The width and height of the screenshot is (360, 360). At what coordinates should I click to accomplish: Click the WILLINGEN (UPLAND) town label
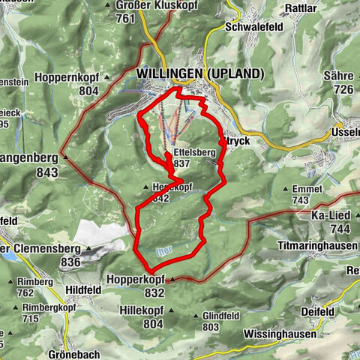coord(200,73)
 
